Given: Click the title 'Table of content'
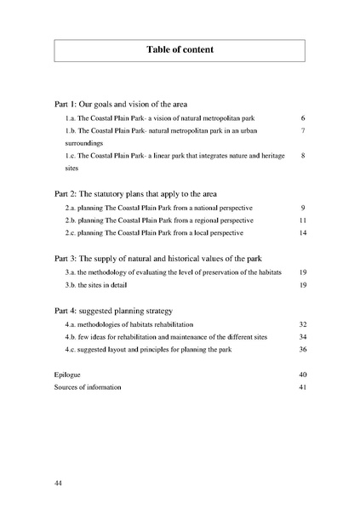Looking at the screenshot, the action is tap(180, 50).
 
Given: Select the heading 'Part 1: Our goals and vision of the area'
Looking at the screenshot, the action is tap(127, 103).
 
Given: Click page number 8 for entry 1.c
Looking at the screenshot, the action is tap(303, 157).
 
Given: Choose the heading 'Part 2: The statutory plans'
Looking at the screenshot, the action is tap(138, 193).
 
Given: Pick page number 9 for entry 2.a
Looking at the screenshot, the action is tap(303, 208).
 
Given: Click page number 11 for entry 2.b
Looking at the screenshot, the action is tap(302, 220).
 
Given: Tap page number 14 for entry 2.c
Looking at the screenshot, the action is tap(302, 232).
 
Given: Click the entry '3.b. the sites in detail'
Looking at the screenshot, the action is tap(106, 285).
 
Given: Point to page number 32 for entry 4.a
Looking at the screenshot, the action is tap(302, 325).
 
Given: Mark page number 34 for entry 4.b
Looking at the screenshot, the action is tap(302, 337).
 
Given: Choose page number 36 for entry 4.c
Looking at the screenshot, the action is tap(302, 350).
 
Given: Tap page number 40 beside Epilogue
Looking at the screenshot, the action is tap(302, 375).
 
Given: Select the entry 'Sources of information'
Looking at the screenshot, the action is tap(88, 387).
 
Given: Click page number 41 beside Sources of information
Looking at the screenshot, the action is tap(302, 387).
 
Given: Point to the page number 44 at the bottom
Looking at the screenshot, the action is tap(59, 483).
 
